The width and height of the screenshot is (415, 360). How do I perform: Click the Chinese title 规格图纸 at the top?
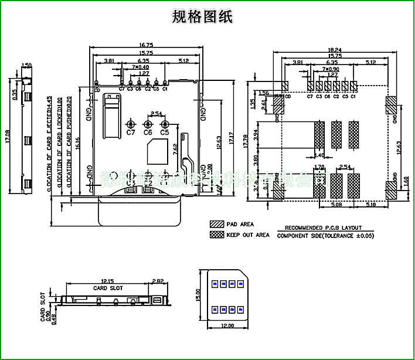click(x=202, y=16)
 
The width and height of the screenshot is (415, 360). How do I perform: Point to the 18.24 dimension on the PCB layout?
click(x=335, y=50)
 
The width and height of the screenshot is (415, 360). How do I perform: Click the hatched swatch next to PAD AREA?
click(x=216, y=224)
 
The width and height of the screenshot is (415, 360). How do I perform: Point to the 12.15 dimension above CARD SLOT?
click(x=107, y=281)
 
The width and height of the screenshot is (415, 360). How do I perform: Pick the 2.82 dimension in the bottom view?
click(x=158, y=281)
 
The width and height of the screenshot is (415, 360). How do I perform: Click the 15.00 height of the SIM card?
click(x=198, y=293)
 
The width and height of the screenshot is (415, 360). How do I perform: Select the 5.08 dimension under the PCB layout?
click(x=335, y=205)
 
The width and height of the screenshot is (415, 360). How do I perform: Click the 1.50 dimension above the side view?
click(x=26, y=66)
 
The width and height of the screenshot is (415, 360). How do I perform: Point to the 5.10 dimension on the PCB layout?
click(x=370, y=205)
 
